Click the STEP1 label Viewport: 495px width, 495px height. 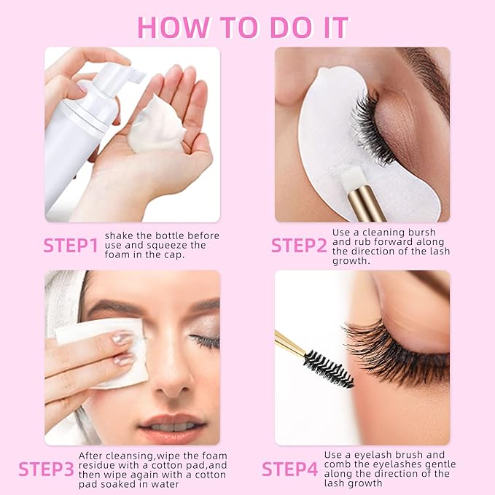(71, 245)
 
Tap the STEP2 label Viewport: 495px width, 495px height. (299, 245)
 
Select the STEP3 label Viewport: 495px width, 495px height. (46, 469)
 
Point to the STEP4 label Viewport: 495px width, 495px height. (290, 469)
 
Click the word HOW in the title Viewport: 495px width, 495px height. (174, 28)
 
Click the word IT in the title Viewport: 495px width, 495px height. (335, 28)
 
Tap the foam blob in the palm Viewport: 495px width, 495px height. (157, 124)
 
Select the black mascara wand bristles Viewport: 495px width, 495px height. (328, 368)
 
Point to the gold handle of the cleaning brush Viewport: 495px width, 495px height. (367, 204)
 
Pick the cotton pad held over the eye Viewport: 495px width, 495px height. (104, 352)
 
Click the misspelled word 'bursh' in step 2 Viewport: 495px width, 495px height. (422, 233)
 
